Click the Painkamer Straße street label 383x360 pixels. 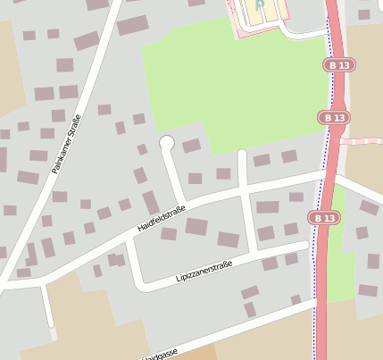(x=67, y=143)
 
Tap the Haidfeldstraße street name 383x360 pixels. (x=161, y=217)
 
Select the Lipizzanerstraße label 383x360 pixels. (x=204, y=271)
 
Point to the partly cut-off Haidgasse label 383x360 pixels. (x=160, y=354)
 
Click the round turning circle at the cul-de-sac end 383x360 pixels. (x=166, y=142)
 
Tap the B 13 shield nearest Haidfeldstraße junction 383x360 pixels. (x=325, y=217)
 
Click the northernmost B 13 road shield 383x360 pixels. (x=339, y=65)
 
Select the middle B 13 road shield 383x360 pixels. (x=334, y=117)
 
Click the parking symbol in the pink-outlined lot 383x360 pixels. (x=260, y=6)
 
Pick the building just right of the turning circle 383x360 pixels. (x=192, y=146)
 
